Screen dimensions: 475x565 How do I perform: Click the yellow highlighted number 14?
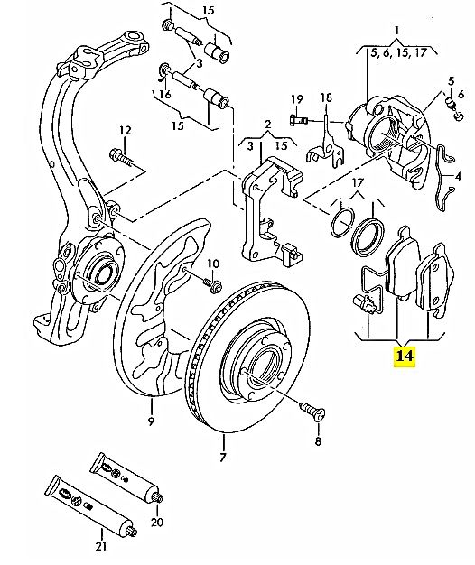click(x=405, y=356)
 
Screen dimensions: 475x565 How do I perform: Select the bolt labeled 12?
click(x=121, y=157)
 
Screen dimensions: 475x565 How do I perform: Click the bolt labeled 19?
click(x=298, y=119)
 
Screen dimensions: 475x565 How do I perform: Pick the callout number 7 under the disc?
click(x=223, y=458)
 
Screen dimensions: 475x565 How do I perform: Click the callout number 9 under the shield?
click(x=151, y=421)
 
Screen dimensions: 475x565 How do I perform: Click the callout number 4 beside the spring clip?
click(x=458, y=177)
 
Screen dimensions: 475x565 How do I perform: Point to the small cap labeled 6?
click(x=459, y=116)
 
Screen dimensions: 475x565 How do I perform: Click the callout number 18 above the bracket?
click(x=326, y=97)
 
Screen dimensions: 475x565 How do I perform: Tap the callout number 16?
click(x=165, y=95)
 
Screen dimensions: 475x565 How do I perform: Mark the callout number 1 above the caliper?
click(x=396, y=31)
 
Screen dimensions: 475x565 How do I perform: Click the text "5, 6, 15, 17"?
click(x=399, y=53)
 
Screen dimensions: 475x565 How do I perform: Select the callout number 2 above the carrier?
click(x=267, y=125)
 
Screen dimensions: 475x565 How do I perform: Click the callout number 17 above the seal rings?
click(x=357, y=182)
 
